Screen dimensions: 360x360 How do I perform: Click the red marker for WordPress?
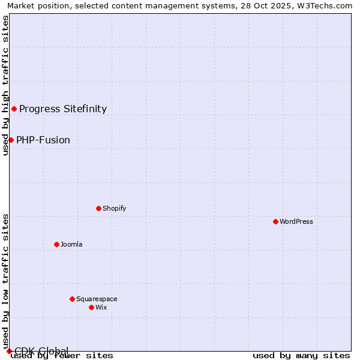[x=275, y=221]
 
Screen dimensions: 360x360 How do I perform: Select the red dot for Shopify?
[x=98, y=208]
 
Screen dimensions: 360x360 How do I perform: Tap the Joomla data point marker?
[x=56, y=244]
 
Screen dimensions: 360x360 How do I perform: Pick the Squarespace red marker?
[x=72, y=299]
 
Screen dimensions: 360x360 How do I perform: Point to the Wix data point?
[x=91, y=307]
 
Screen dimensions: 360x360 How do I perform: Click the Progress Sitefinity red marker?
[x=14, y=109]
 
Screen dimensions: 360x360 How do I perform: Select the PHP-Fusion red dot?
[x=11, y=140]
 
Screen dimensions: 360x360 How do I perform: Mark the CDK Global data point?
[x=9, y=351]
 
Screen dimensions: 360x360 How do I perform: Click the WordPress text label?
[x=296, y=221]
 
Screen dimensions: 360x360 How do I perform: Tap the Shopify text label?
[x=114, y=208]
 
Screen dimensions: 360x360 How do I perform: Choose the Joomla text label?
[x=71, y=244]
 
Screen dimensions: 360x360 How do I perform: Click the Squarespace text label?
[x=97, y=299]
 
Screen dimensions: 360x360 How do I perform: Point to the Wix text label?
[x=101, y=307]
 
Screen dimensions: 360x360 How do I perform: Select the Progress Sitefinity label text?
[x=63, y=109]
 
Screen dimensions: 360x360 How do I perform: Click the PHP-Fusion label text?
[x=43, y=140]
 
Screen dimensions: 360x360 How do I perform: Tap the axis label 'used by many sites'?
[x=301, y=355]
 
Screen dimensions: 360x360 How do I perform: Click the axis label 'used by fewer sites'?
[x=62, y=355]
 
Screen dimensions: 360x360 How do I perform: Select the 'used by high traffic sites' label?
[x=5, y=85]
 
